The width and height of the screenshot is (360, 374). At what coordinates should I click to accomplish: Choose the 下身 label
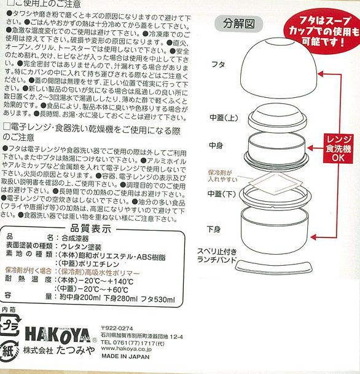214,229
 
